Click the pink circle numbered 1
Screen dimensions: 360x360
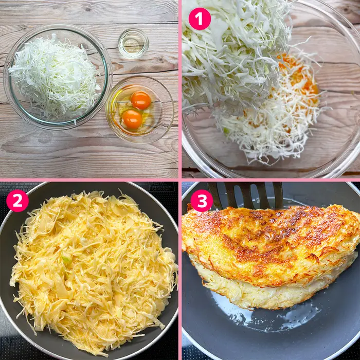pos(200,19)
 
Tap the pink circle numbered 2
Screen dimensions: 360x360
pos(17,201)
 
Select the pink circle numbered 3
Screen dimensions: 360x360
pos(202,201)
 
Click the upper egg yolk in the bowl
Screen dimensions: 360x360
pos(141,100)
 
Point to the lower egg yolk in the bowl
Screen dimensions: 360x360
pos(132,119)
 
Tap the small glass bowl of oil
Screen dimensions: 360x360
pos(133,43)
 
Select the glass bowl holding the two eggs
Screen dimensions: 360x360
pos(139,110)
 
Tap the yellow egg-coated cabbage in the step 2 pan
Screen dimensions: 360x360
pos(94,271)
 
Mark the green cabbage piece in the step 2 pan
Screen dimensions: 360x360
pos(66,259)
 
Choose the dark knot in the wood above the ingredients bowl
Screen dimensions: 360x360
pos(87,10)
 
